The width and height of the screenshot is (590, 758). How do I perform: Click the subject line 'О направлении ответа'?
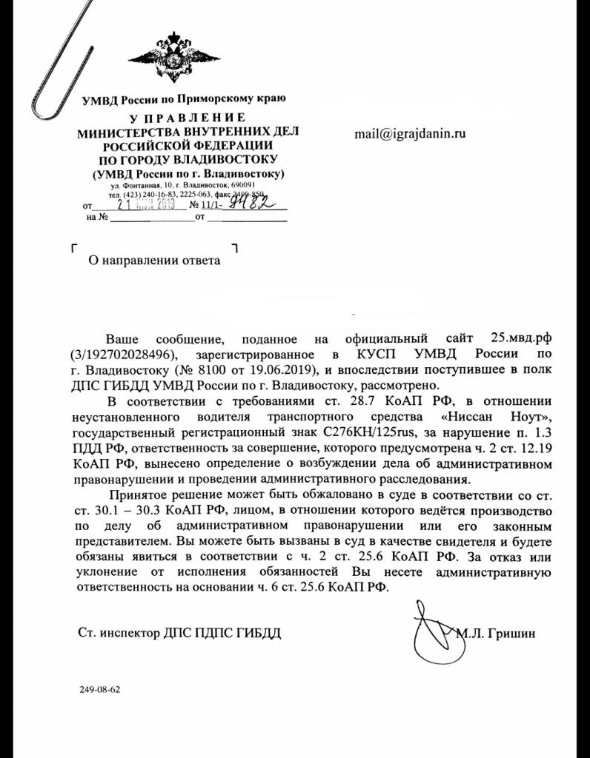click(155, 260)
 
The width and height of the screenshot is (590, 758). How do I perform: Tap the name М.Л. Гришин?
click(495, 633)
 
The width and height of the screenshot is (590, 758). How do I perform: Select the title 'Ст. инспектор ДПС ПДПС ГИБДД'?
click(180, 633)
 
